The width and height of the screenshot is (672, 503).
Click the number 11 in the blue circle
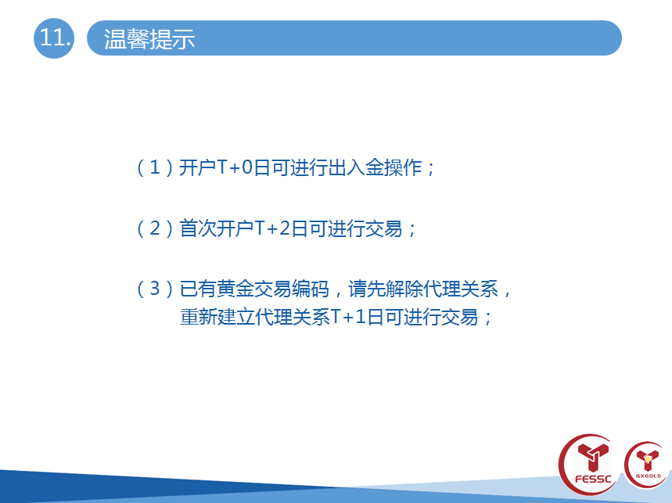point(54,38)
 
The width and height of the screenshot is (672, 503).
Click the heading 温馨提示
point(149,39)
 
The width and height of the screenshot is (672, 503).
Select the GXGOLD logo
point(647,465)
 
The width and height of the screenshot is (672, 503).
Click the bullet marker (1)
point(155,167)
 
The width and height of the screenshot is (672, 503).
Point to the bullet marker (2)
point(155,228)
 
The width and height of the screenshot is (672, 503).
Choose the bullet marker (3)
point(155,289)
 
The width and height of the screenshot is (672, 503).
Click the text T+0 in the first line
point(235,167)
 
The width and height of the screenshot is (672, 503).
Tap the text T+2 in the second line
point(272,228)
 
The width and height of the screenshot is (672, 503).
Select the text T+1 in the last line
point(348,317)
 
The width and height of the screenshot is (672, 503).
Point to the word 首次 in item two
point(198,228)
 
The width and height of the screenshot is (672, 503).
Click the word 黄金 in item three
point(235,289)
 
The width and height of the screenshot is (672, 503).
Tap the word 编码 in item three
point(311,289)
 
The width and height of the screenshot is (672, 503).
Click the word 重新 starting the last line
point(199,317)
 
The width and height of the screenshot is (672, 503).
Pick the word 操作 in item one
point(404,167)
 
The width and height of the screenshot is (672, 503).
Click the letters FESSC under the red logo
point(593,479)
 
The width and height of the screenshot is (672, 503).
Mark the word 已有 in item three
point(198,289)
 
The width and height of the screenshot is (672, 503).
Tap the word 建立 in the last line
point(236,317)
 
